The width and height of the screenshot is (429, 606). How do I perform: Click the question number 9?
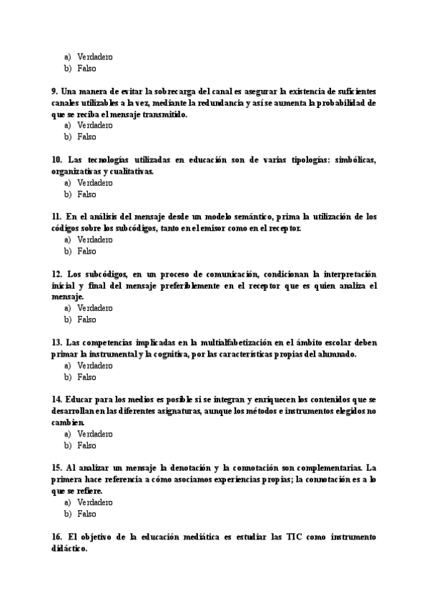click(x=54, y=92)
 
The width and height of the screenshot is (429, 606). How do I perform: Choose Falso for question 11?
click(x=86, y=251)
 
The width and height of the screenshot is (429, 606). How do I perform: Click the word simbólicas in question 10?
click(x=352, y=160)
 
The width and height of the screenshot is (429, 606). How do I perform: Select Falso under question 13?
click(x=86, y=377)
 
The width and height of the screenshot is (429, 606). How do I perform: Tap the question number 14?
click(x=56, y=399)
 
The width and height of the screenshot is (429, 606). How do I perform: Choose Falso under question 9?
click(x=86, y=136)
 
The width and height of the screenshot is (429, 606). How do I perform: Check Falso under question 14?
click(x=86, y=445)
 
